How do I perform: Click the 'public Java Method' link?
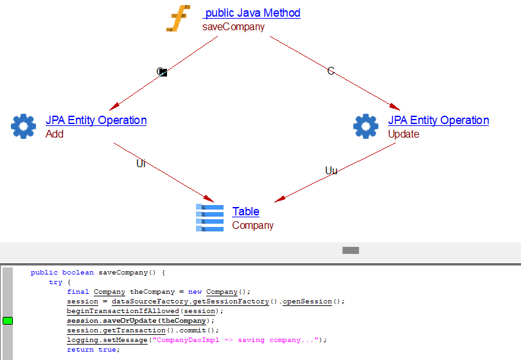[252, 13]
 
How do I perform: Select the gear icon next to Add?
[24, 126]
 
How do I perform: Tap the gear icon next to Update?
[366, 126]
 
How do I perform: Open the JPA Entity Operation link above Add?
[96, 120]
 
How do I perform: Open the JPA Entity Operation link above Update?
[438, 120]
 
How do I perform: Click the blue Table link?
[246, 212]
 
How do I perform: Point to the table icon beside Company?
[209, 217]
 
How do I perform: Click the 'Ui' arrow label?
[141, 164]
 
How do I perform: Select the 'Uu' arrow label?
[331, 171]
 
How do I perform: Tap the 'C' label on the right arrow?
[331, 71]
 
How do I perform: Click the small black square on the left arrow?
[163, 73]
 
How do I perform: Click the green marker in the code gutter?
[8, 321]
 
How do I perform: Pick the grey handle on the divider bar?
[350, 250]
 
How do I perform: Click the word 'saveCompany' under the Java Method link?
[233, 27]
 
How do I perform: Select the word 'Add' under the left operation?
[55, 134]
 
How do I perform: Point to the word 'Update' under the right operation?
[403, 134]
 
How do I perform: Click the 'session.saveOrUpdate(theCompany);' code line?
[140, 321]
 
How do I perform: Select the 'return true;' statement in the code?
[93, 350]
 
